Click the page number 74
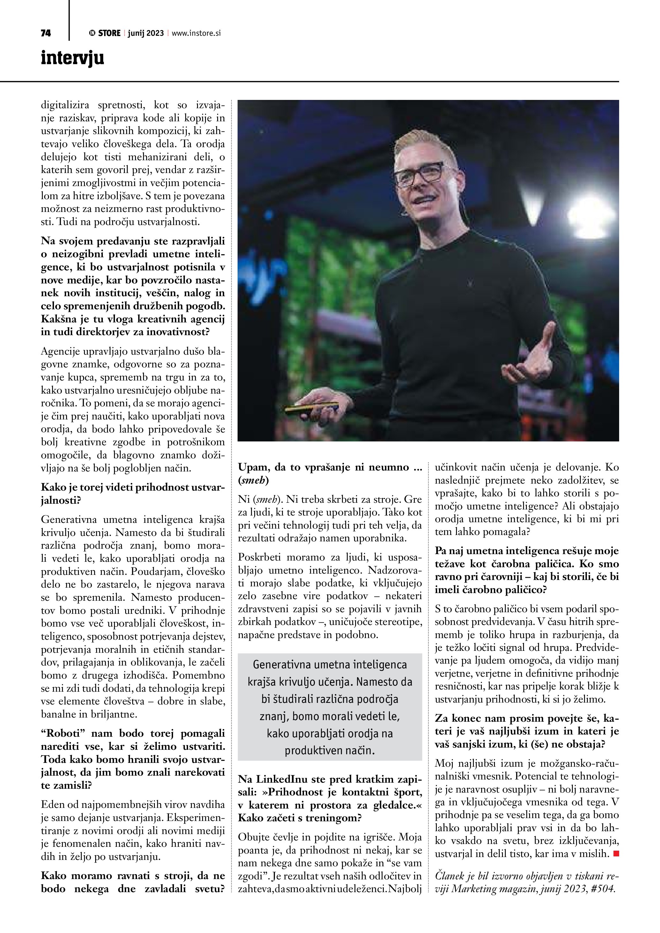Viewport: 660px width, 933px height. pos(46,33)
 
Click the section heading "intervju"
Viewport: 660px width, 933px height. pos(72,58)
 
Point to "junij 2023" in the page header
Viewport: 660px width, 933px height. pos(146,33)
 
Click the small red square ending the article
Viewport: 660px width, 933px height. pos(616,854)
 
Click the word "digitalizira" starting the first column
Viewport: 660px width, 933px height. pos(65,105)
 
